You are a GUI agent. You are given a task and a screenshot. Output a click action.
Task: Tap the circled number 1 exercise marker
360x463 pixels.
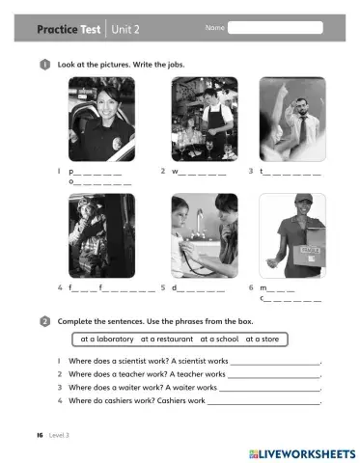[45, 64]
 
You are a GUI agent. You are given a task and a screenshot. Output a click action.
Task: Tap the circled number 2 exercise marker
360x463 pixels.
[45, 321]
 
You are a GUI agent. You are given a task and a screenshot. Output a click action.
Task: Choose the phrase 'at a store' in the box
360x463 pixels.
[264, 340]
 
